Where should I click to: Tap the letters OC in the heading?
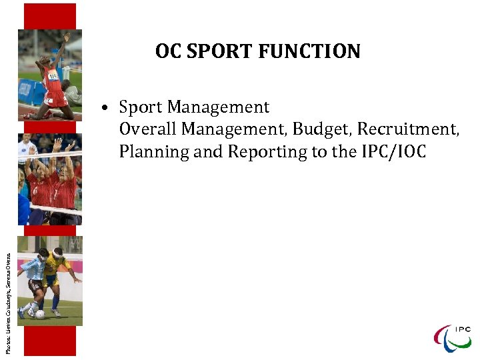tap(167, 51)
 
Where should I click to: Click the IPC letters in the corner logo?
tap(462, 329)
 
